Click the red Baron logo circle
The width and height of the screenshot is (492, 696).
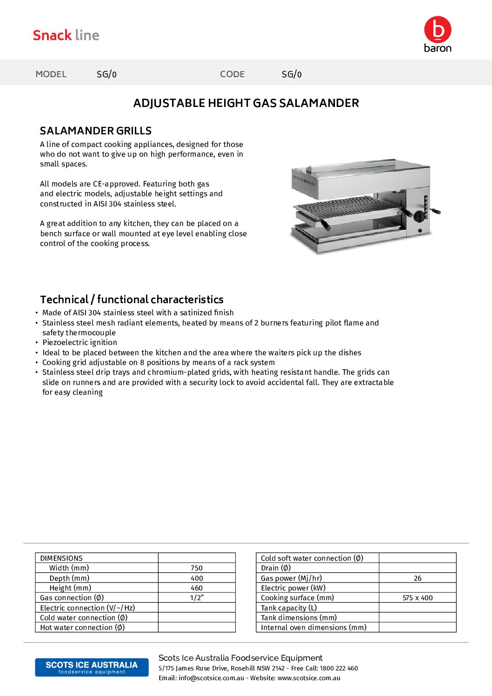click(438, 30)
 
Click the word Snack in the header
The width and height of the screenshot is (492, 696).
click(52, 35)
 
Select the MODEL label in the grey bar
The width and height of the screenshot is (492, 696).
click(51, 74)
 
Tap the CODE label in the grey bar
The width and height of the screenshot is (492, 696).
click(232, 74)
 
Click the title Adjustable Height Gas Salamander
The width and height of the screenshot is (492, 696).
click(246, 103)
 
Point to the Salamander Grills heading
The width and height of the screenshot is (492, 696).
click(96, 131)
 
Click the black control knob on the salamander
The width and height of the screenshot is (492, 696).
click(419, 216)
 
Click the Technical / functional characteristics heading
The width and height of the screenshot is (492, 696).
click(132, 299)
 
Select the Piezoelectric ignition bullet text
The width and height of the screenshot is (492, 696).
click(80, 343)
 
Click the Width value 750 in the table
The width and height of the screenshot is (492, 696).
click(197, 568)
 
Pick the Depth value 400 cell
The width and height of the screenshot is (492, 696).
click(197, 578)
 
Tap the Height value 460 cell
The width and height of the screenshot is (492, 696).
click(197, 588)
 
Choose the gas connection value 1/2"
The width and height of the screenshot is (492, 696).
click(197, 598)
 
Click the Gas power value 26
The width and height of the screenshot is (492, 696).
click(418, 578)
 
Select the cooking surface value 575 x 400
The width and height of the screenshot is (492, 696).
click(418, 598)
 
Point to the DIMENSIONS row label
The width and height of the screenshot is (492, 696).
click(61, 558)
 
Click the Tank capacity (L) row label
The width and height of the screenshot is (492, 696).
click(289, 608)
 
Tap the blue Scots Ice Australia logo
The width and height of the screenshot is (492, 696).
click(92, 667)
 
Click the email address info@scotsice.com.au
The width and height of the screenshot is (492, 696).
click(211, 678)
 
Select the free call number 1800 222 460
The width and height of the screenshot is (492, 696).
click(339, 668)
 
